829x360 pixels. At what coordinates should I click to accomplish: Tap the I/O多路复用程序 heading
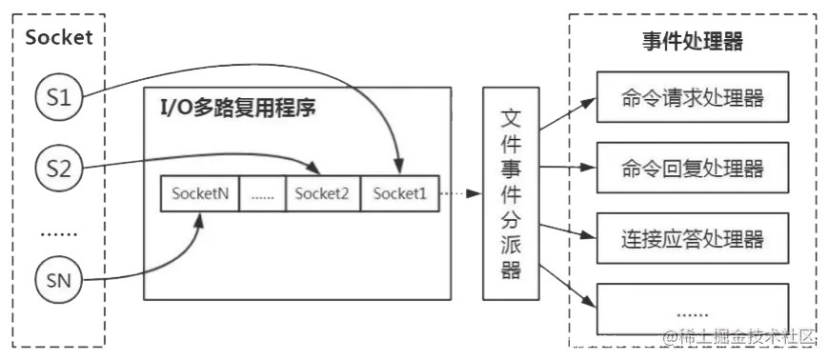point(237,108)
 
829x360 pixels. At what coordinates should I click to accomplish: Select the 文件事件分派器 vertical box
point(511,193)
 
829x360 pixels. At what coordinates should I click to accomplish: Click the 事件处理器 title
point(692,42)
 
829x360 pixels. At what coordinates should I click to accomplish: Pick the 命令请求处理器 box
point(692,98)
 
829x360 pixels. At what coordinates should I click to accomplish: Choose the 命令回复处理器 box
point(692,168)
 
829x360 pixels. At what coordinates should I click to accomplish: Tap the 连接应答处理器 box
point(692,237)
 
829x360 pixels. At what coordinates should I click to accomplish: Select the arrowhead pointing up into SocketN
point(199,217)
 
